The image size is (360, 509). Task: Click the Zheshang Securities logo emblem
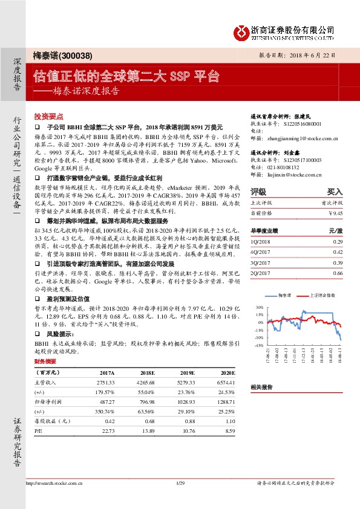click(240, 31)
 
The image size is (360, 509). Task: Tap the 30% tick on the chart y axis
click(260, 306)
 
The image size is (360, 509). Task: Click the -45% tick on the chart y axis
click(258, 345)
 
